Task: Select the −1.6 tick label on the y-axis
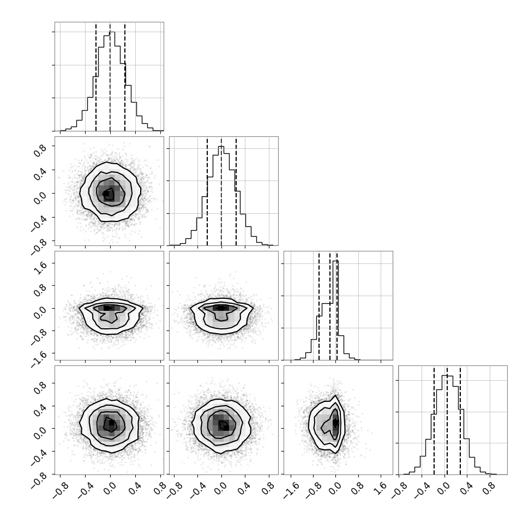(39, 359)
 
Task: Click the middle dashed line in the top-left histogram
(110, 77)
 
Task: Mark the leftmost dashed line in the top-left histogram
(96, 77)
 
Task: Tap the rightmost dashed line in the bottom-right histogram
(460, 420)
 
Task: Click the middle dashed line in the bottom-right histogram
(447, 420)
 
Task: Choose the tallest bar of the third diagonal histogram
(335, 310)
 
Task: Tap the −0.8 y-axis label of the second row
(39, 244)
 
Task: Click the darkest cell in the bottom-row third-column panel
(335, 422)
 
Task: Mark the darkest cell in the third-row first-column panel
(106, 308)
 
